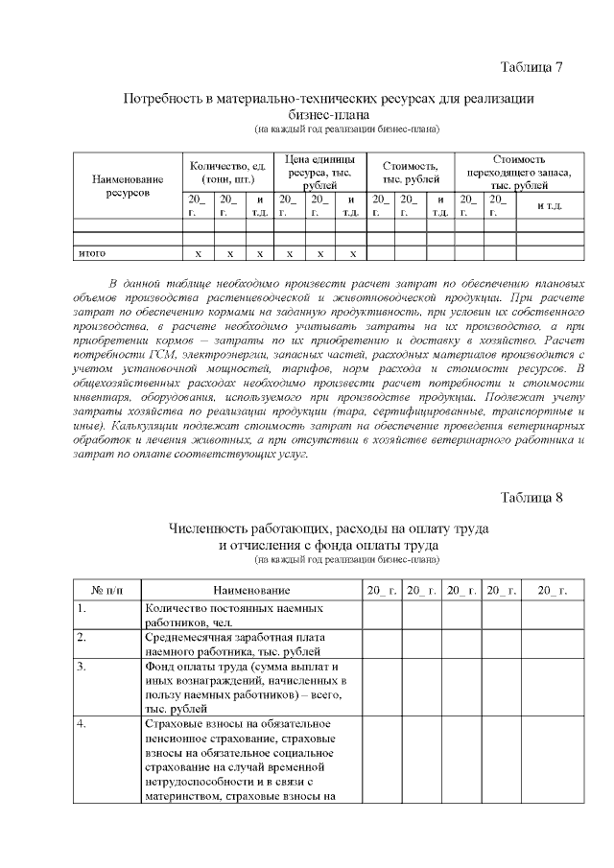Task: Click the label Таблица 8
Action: coord(531,497)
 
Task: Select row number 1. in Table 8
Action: coord(82,608)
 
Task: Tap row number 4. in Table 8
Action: coord(82,722)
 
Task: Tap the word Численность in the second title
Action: coord(213,529)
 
